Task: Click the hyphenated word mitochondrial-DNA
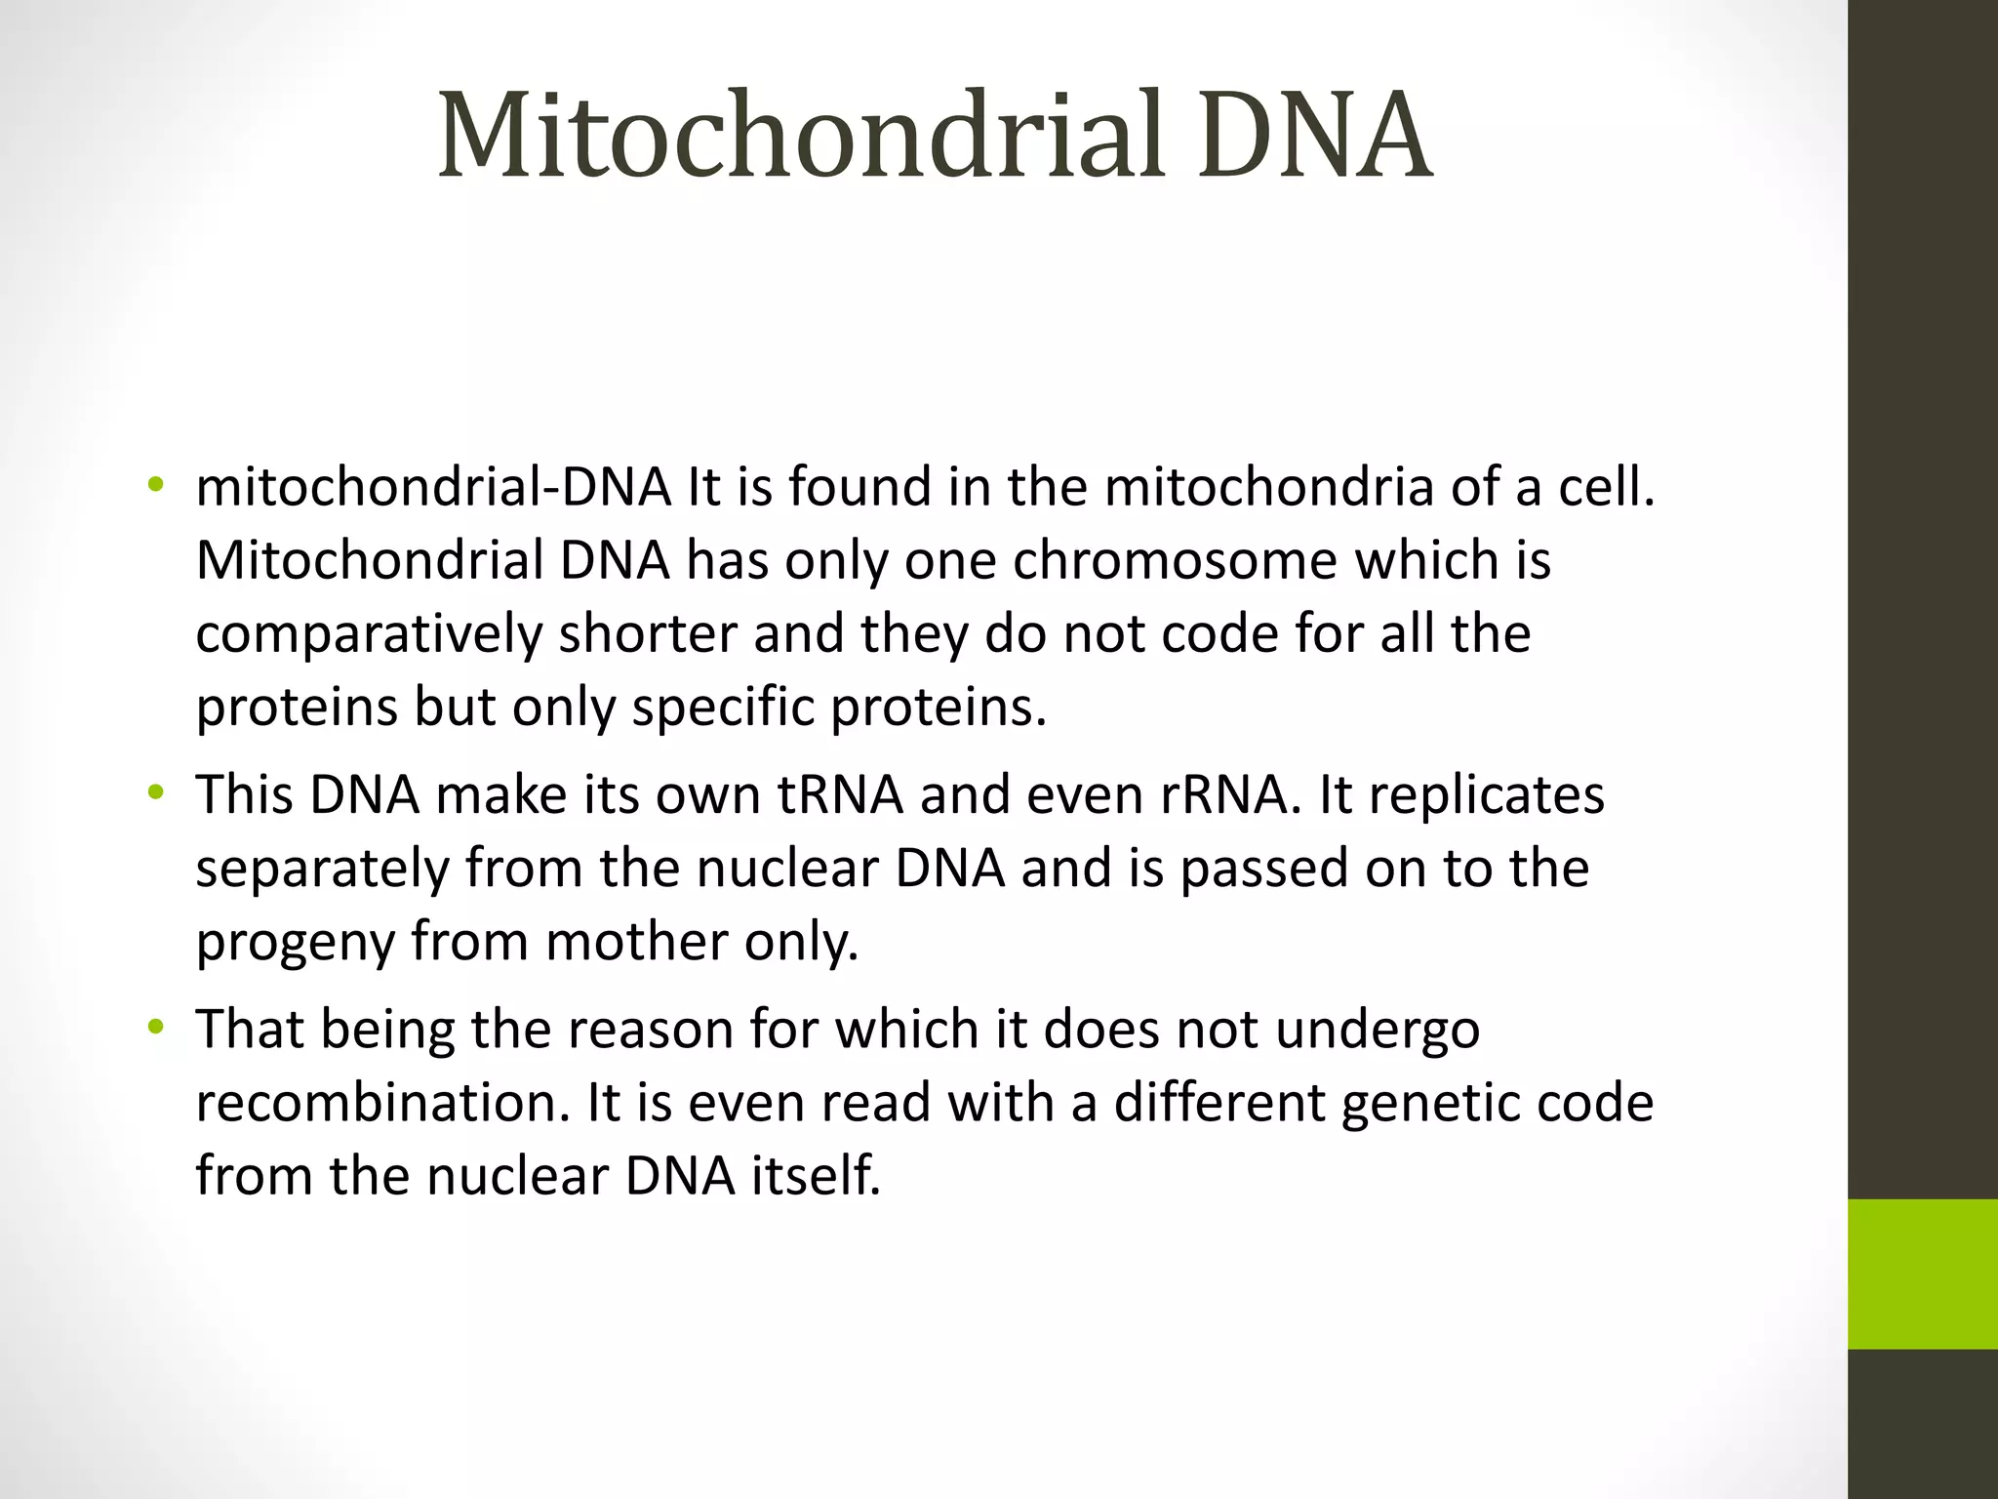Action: [x=433, y=487]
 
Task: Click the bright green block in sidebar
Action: [x=1922, y=1274]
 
